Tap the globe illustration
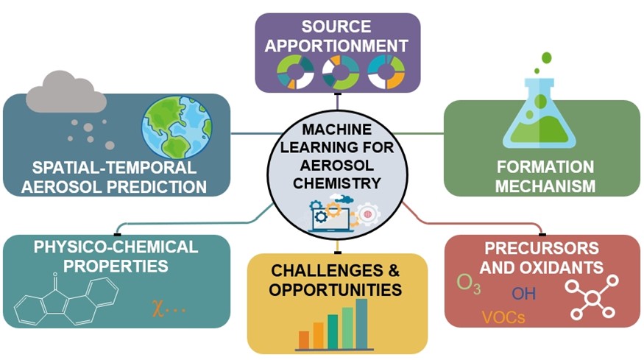click(177, 127)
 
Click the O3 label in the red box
click(469, 284)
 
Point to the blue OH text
click(523, 294)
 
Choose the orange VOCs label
click(503, 317)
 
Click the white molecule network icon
click(592, 297)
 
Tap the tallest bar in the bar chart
click(361, 324)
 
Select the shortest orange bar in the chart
click(304, 340)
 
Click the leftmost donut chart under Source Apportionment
click(296, 72)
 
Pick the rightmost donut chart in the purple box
click(386, 72)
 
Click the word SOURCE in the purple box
click(336, 27)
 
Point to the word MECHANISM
click(545, 186)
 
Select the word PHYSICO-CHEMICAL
click(116, 247)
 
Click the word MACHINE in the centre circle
click(337, 129)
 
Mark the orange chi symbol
click(158, 308)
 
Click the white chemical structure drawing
click(66, 299)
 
